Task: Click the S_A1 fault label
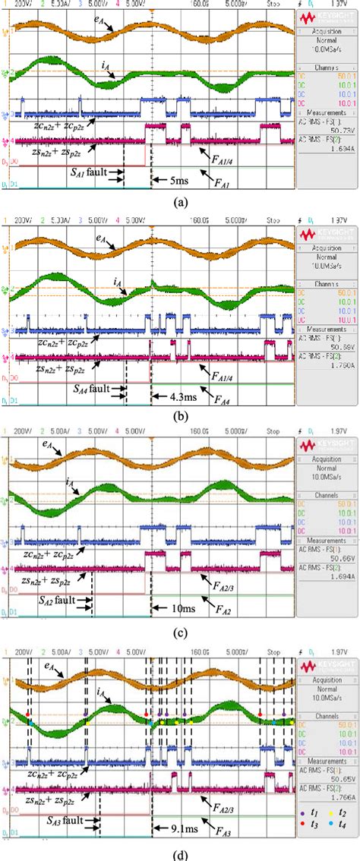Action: [85, 172]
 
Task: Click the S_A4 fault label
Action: [88, 388]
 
